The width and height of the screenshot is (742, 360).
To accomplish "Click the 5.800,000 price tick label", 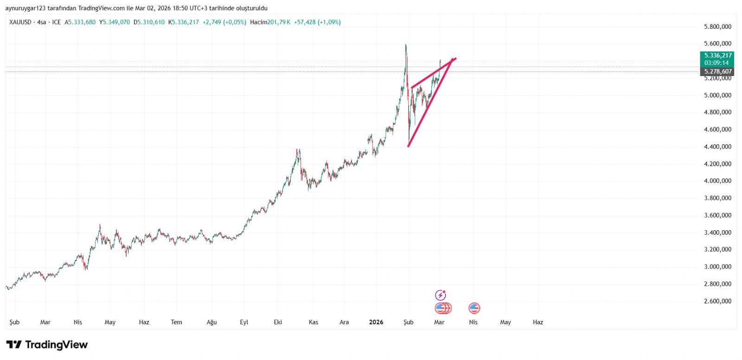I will pos(717,27).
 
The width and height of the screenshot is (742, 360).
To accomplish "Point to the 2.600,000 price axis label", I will pos(717,301).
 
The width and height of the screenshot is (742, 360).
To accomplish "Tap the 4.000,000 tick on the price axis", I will pos(717,181).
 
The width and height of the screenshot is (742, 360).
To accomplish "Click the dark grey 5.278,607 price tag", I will pos(717,71).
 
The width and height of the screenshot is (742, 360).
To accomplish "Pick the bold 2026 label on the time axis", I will pos(376,322).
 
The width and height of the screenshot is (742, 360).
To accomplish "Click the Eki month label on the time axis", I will pos(278,322).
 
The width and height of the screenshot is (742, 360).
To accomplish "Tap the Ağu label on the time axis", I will pos(211,322).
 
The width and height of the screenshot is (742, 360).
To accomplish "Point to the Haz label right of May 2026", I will pos(537,322).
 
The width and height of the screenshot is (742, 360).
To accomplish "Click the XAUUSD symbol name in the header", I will pos(20,22).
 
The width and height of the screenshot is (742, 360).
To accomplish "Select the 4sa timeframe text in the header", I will pos(42,22).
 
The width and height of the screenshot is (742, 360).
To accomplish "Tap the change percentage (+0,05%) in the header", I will pos(235,22).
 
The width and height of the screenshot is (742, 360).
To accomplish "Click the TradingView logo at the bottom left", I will pos(47,345).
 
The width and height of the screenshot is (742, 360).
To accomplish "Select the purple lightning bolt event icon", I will pos(440,295).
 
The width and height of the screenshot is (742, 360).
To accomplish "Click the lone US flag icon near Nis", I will pos(474,308).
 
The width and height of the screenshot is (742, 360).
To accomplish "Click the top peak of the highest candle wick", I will pos(406,45).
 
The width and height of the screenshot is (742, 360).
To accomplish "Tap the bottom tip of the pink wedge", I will pos(408,147).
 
